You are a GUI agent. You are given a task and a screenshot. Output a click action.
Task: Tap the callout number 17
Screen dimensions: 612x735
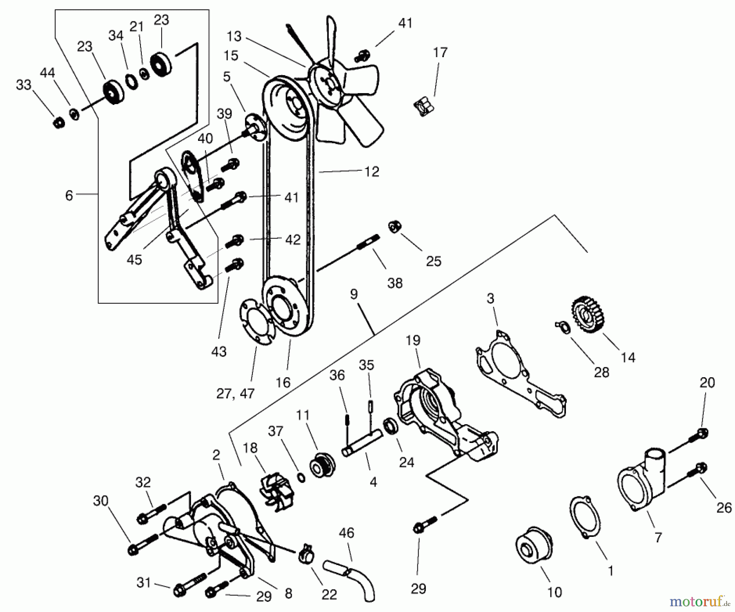pos(440,53)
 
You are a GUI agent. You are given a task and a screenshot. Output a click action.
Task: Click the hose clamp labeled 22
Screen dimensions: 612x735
pos(306,554)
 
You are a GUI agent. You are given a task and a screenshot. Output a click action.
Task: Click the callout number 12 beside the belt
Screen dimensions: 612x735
pos(372,171)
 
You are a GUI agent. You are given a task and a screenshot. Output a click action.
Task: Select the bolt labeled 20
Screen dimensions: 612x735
pos(699,436)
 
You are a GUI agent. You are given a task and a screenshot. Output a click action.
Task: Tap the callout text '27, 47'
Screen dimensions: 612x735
pos(235,394)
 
